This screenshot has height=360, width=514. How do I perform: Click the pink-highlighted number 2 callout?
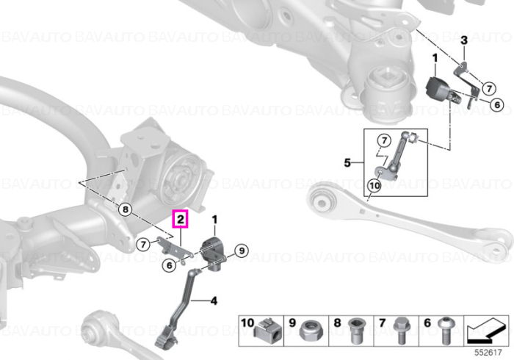coord(181,219)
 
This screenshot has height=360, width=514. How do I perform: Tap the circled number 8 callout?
coord(126,209)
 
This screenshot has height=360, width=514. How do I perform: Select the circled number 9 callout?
coord(242,251)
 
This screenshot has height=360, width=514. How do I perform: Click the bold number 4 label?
coord(214,300)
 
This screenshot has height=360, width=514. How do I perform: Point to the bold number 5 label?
coord(347,162)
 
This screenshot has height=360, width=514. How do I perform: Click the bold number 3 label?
coord(464,40)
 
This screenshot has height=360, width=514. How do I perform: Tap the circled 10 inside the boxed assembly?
coord(374,186)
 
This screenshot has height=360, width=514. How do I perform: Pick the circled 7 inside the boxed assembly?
coord(384,140)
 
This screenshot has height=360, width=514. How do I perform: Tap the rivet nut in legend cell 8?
coord(355,331)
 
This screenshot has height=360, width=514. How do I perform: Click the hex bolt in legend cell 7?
coord(399,331)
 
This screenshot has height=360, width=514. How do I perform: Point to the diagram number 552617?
coord(488,353)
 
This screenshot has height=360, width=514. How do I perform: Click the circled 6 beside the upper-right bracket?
coord(497,104)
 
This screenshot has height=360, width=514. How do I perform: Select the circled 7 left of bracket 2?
coord(143,244)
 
